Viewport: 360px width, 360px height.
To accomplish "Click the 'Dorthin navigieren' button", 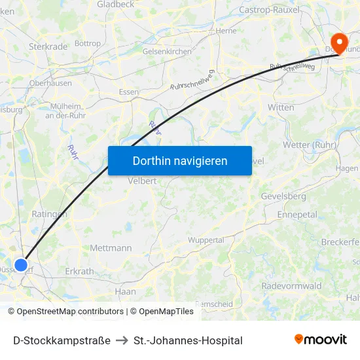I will pyautogui.click(x=180, y=160).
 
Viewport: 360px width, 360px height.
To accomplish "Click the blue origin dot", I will pyautogui.click(x=21, y=265).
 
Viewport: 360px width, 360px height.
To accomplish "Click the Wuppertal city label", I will pyautogui.click(x=206, y=240).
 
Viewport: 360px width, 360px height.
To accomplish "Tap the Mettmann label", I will pyautogui.click(x=111, y=248).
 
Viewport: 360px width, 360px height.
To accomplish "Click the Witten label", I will pyautogui.click(x=281, y=107).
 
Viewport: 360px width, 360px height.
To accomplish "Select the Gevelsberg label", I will pyautogui.click(x=283, y=196).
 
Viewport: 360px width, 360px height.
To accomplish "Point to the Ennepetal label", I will pyautogui.click(x=297, y=215).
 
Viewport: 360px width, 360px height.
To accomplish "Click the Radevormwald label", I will pyautogui.click(x=291, y=286).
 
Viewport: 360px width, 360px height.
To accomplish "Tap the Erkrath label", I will pyautogui.click(x=80, y=271).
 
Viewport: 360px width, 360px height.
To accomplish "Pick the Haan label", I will pyautogui.click(x=125, y=291).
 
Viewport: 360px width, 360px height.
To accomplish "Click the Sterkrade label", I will pyautogui.click(x=48, y=47).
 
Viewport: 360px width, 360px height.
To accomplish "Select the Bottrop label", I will pyautogui.click(x=88, y=44).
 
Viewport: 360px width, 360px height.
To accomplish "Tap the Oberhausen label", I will pyautogui.click(x=50, y=83).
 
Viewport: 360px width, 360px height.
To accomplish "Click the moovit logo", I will pyautogui.click(x=321, y=340).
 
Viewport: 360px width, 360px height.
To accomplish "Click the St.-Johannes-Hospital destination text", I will pyautogui.click(x=188, y=340).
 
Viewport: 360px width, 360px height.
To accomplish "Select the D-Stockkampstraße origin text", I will pyautogui.click(x=62, y=340).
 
